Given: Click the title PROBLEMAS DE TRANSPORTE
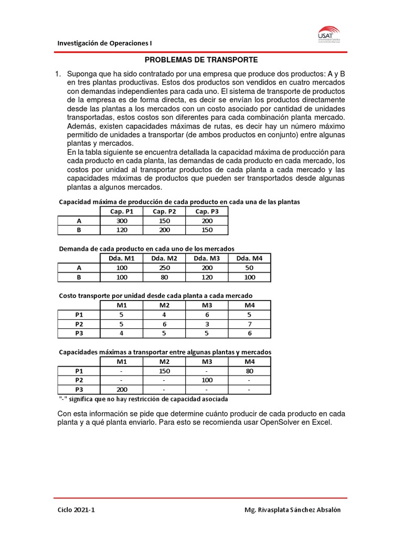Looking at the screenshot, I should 201,60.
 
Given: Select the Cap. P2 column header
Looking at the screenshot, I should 164,211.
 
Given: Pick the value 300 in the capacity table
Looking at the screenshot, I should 121,221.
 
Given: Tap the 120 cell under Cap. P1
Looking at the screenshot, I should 121,230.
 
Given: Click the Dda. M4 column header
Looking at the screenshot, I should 249,258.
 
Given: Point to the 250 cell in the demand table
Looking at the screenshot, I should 164,267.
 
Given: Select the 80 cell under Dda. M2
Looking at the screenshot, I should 164,277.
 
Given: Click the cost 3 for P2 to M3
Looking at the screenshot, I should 207,324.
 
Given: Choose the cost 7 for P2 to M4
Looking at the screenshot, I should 249,324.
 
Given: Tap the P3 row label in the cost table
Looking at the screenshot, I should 79,333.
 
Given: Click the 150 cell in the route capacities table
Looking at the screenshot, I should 164,371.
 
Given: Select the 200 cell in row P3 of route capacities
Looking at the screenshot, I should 121,390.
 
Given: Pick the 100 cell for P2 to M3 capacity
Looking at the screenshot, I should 207,380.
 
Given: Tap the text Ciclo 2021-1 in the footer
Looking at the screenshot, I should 77,510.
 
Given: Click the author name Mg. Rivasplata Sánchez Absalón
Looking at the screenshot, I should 296,510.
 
